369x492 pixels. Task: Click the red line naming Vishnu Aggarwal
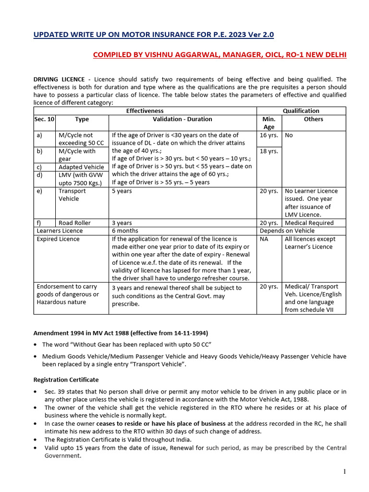219,55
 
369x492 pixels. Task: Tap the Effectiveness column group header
145,111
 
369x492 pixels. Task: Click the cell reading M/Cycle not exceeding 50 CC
76,139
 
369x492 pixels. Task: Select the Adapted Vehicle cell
81,167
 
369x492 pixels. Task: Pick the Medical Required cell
309,223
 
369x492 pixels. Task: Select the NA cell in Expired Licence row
264,239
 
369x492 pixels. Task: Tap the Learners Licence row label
60,231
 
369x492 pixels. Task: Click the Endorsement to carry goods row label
68,294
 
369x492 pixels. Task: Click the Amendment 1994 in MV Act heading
121,333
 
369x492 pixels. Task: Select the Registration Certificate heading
66,380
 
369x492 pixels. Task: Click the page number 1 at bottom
344,472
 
